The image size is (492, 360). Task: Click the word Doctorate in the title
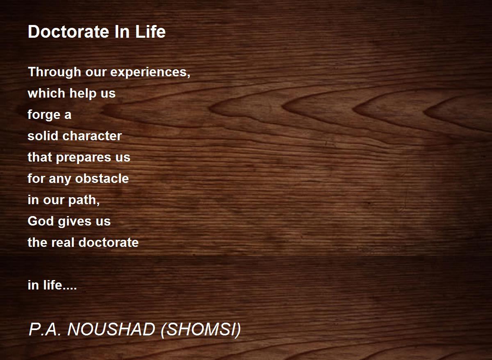click(68, 32)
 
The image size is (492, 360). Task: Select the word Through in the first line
click(55, 72)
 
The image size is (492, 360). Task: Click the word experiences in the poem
click(150, 73)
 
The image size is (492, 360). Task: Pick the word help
click(83, 93)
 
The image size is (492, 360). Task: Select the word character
click(92, 136)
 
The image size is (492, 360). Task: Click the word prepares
click(84, 158)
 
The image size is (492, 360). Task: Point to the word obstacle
click(102, 178)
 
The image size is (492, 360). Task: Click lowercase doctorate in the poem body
click(109, 242)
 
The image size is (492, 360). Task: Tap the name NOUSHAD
click(111, 330)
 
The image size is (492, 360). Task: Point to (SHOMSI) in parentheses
click(201, 330)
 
